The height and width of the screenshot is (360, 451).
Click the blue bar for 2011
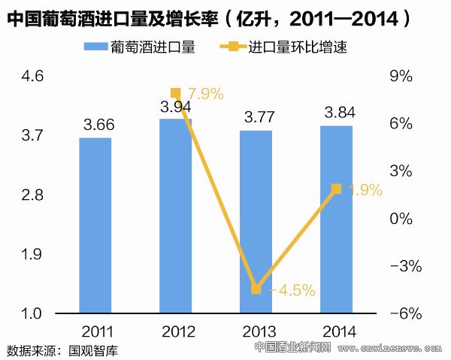click(95, 225)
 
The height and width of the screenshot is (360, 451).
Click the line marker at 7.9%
click(176, 93)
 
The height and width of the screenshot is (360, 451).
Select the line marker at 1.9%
click(336, 189)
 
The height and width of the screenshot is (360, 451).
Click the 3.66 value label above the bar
click(95, 126)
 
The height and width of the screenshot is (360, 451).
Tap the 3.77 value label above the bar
click(256, 117)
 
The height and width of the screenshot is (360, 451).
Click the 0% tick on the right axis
click(402, 219)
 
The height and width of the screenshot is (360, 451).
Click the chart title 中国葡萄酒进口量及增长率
click(113, 18)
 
